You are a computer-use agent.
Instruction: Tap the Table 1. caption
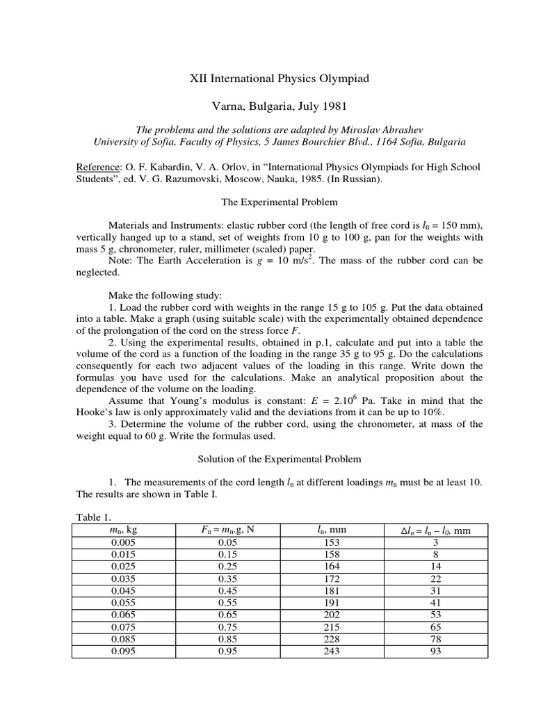[x=92, y=518]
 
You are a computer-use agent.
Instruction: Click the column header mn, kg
[x=124, y=530]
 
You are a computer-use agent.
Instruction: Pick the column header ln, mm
[x=332, y=530]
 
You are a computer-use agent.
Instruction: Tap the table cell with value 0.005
[x=124, y=542]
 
